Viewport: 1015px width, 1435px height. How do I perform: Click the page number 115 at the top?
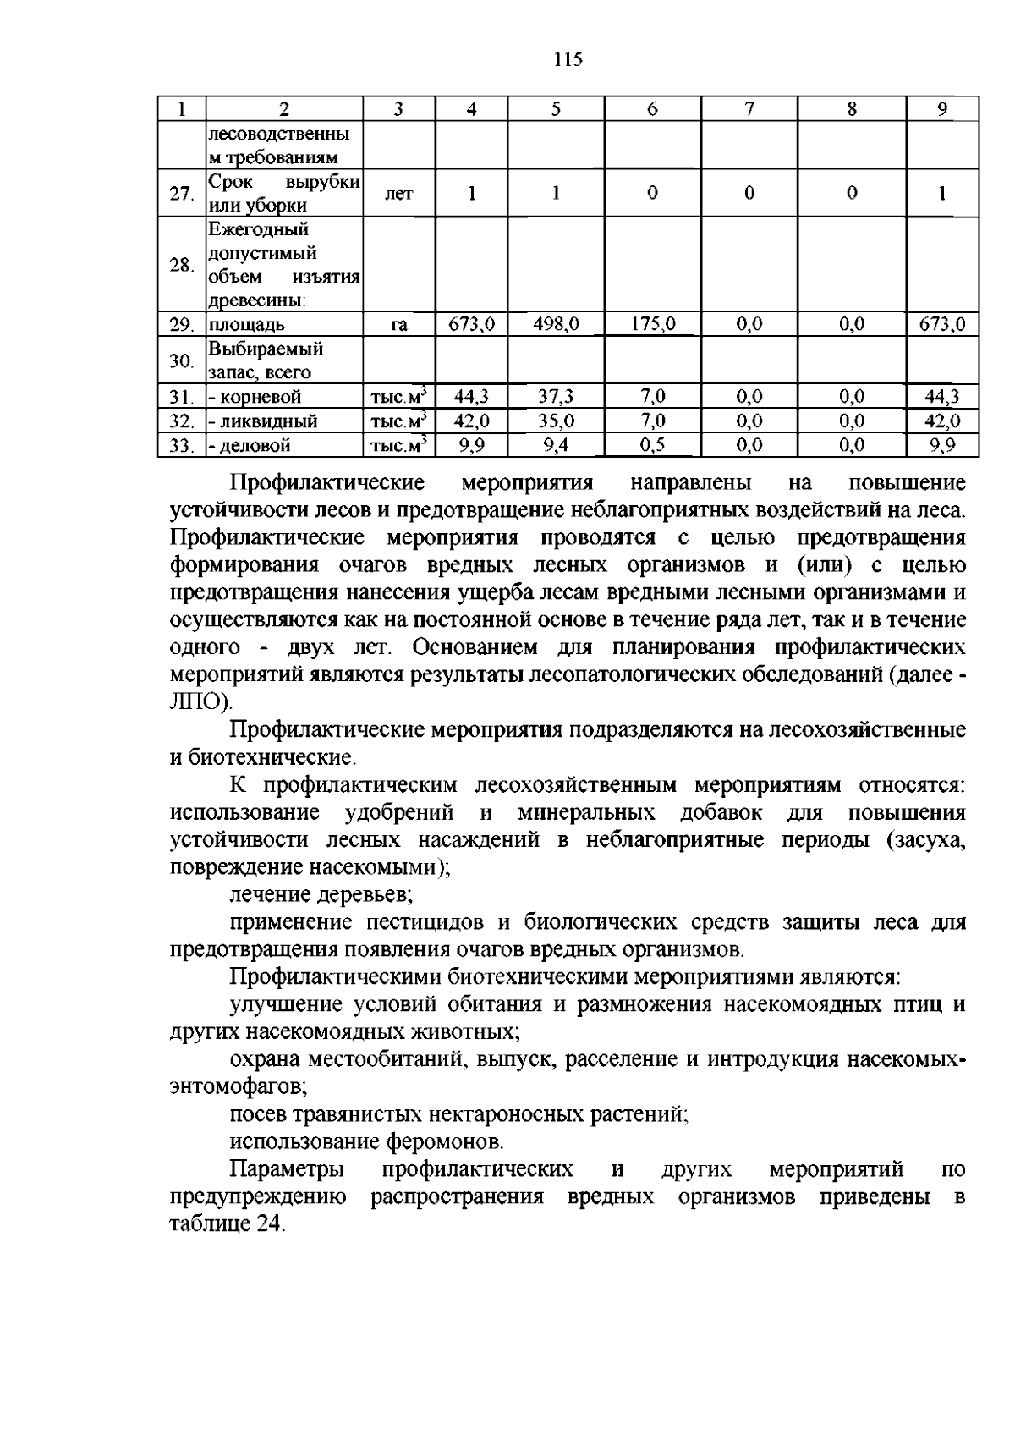click(568, 60)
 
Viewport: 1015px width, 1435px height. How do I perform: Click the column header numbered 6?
click(652, 108)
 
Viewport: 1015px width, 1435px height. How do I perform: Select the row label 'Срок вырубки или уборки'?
click(283, 194)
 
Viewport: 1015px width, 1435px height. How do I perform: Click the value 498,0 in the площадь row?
click(556, 324)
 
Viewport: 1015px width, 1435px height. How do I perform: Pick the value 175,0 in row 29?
click(652, 324)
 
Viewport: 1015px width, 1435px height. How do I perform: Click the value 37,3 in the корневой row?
click(556, 396)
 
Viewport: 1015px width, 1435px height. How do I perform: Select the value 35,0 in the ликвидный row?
click(556, 421)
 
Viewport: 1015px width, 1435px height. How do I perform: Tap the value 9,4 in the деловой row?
click(556, 445)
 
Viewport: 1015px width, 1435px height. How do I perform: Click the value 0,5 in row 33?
click(652, 445)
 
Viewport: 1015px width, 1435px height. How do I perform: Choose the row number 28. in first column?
click(181, 265)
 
